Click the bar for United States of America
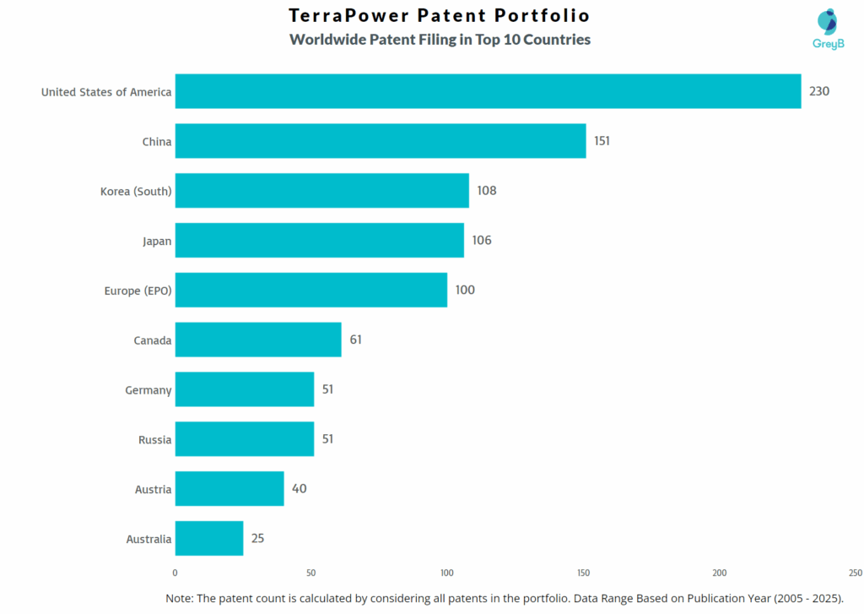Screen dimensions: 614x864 pyautogui.click(x=488, y=91)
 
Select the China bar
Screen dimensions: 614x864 pyautogui.click(x=381, y=141)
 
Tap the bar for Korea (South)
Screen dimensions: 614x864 pyautogui.click(x=321, y=191)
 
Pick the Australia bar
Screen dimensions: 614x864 pyautogui.click(x=209, y=539)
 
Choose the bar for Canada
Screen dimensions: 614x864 pyautogui.click(x=258, y=340)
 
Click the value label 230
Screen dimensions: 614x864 pyautogui.click(x=819, y=91)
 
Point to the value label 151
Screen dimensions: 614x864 pyautogui.click(x=602, y=141)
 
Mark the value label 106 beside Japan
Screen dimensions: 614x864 pyautogui.click(x=482, y=241)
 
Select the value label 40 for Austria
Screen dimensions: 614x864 pyautogui.click(x=300, y=489)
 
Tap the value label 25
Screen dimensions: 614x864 pyautogui.click(x=258, y=538)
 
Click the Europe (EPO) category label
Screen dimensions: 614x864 pyautogui.click(x=138, y=291)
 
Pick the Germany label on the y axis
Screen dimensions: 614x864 pyautogui.click(x=148, y=390)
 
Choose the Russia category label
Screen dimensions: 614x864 pyautogui.click(x=155, y=440)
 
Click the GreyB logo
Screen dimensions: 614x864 pyautogui.click(x=828, y=30)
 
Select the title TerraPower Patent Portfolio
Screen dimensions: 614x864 pyautogui.click(x=439, y=16)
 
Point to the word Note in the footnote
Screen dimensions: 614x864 pyautogui.click(x=179, y=598)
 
